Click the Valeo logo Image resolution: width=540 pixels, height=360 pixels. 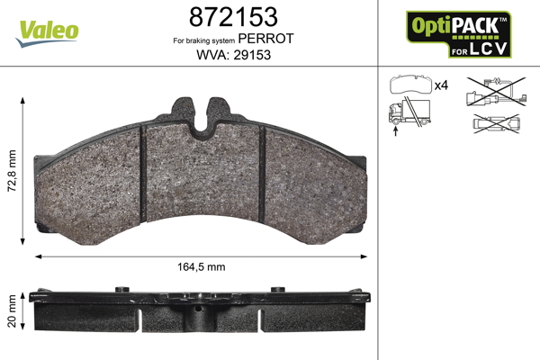(x=47, y=33)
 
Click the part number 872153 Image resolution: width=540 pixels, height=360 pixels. (x=233, y=17)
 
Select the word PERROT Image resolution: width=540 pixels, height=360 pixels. (x=265, y=39)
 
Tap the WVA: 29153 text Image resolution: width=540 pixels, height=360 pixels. (x=233, y=55)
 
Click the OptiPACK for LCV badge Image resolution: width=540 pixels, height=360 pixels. (x=458, y=34)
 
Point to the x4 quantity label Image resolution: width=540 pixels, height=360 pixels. (x=441, y=85)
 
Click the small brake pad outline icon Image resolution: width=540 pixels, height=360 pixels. (x=410, y=85)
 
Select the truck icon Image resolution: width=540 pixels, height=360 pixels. (x=409, y=112)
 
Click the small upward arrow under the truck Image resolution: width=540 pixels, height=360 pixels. (x=395, y=130)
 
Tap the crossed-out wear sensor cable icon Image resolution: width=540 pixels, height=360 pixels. (x=496, y=92)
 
